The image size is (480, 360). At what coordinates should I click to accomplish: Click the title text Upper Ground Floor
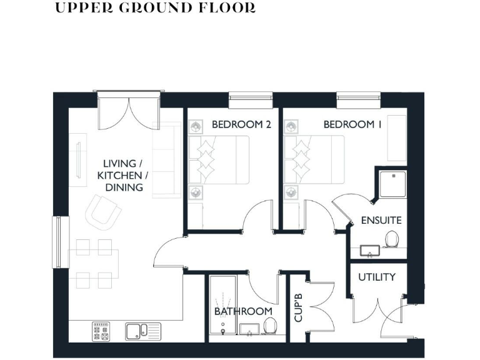[156, 8]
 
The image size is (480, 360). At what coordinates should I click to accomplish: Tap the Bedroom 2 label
[241, 124]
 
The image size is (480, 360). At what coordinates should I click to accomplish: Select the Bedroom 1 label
[352, 124]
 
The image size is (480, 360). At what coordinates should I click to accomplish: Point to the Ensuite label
[381, 221]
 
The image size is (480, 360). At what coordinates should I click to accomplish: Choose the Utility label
[377, 276]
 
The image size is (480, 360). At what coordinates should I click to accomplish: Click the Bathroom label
[243, 311]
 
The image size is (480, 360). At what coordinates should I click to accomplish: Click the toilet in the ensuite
[392, 239]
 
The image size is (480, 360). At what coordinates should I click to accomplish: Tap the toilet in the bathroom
[271, 326]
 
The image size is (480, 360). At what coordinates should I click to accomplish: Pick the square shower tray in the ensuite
[391, 183]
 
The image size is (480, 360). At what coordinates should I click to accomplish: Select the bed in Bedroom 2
[219, 160]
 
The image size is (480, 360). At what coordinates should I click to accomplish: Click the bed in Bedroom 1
[314, 160]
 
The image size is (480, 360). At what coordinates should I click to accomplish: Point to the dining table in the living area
[93, 262]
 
